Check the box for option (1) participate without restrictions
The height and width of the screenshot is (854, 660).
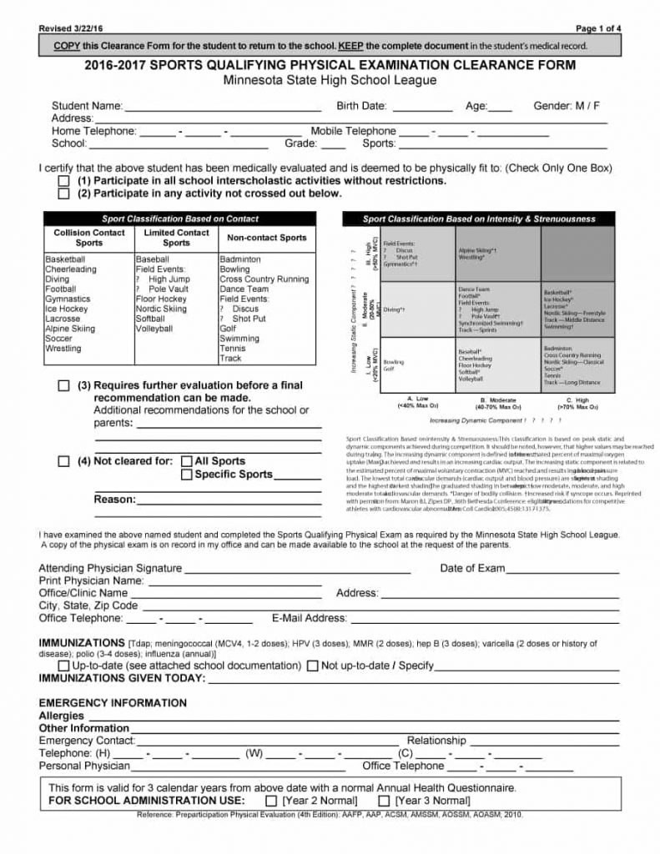(64, 181)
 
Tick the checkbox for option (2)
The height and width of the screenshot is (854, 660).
(64, 194)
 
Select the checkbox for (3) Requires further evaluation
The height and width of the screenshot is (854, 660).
(64, 386)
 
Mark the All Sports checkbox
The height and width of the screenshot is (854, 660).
(187, 461)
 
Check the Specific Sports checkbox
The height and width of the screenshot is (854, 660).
(187, 475)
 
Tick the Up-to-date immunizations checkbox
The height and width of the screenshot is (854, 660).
(64, 666)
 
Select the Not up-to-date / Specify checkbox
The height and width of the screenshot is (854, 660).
(313, 666)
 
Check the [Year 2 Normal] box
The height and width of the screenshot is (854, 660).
(270, 801)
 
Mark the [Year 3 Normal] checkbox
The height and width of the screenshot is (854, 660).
(384, 801)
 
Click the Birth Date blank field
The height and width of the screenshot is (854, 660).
(421, 107)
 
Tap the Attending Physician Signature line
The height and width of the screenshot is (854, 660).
(297, 570)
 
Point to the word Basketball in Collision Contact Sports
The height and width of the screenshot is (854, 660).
(66, 259)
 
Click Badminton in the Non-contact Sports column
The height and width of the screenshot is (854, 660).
(240, 259)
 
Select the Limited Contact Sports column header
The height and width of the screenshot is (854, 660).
(176, 238)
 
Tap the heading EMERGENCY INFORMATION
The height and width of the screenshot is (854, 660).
(113, 703)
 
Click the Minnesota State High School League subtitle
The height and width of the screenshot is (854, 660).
(330, 81)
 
